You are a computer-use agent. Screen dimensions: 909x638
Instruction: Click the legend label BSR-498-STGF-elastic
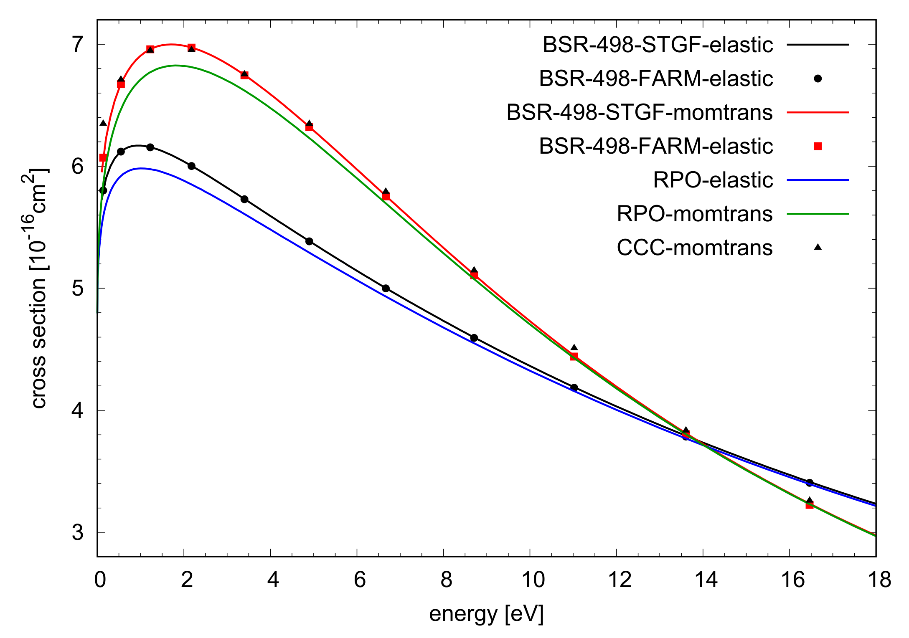[x=658, y=45]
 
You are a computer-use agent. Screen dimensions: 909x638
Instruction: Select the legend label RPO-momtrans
[x=694, y=214]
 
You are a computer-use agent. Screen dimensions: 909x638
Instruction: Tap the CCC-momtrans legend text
[x=694, y=248]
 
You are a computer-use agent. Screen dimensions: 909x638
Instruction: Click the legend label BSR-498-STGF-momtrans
[x=639, y=112]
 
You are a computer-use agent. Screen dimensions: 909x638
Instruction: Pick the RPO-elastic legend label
[x=713, y=180]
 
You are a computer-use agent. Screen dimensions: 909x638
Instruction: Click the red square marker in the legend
[x=818, y=146]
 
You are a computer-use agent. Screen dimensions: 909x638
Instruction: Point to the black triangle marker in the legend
[x=818, y=247]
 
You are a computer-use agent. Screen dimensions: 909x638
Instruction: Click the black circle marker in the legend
[x=818, y=78]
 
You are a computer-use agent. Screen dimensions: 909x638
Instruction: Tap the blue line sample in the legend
[x=818, y=180]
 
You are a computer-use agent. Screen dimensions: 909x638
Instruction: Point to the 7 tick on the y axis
[x=78, y=44]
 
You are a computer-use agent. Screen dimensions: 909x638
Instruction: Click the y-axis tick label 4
[x=78, y=410]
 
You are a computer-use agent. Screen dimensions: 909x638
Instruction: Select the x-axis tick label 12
[x=620, y=580]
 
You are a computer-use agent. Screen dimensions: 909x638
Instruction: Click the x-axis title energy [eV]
[x=486, y=614]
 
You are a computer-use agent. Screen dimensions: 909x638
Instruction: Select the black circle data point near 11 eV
[x=574, y=387]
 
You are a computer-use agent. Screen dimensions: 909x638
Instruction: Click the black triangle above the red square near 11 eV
[x=574, y=347]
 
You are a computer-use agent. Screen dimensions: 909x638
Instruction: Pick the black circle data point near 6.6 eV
[x=386, y=289]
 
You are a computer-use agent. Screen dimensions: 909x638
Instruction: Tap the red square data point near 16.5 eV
[x=809, y=505]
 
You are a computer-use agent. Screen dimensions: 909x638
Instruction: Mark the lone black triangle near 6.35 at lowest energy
[x=103, y=123]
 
